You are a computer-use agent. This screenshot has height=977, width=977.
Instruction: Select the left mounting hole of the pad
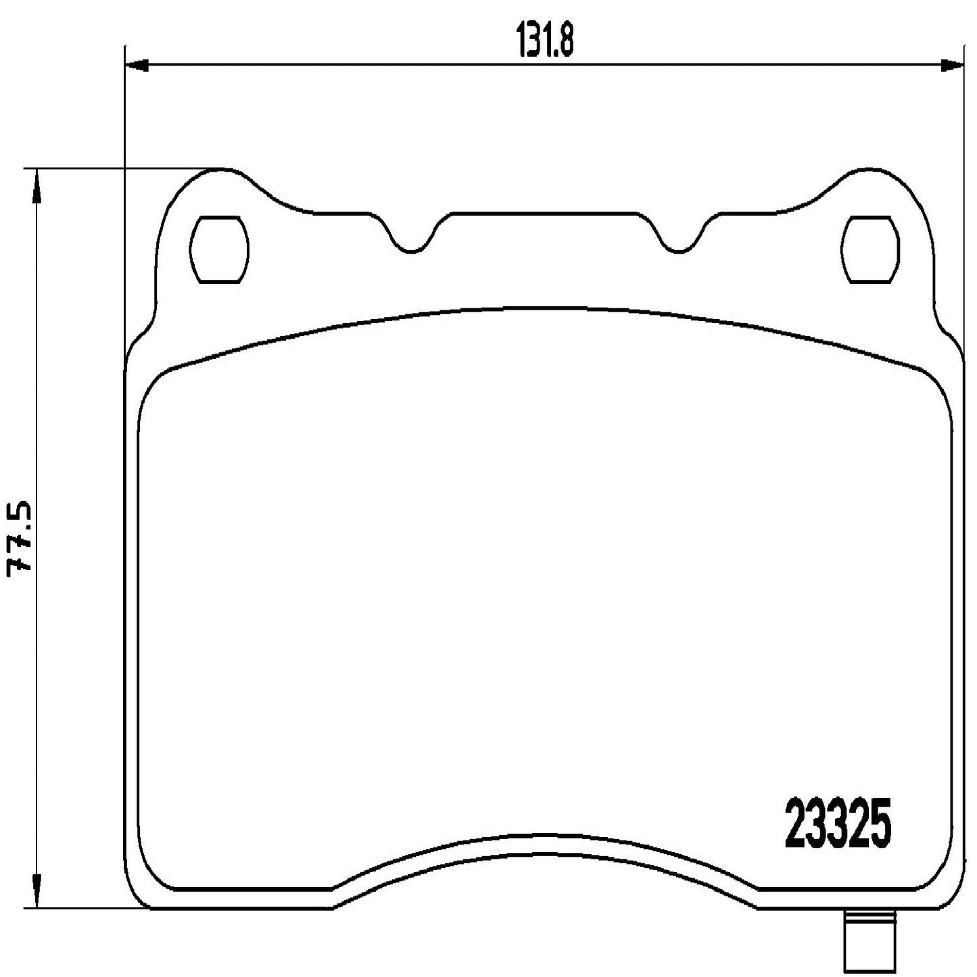tap(220, 249)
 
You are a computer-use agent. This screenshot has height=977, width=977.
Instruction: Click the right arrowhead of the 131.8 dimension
tap(953, 65)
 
